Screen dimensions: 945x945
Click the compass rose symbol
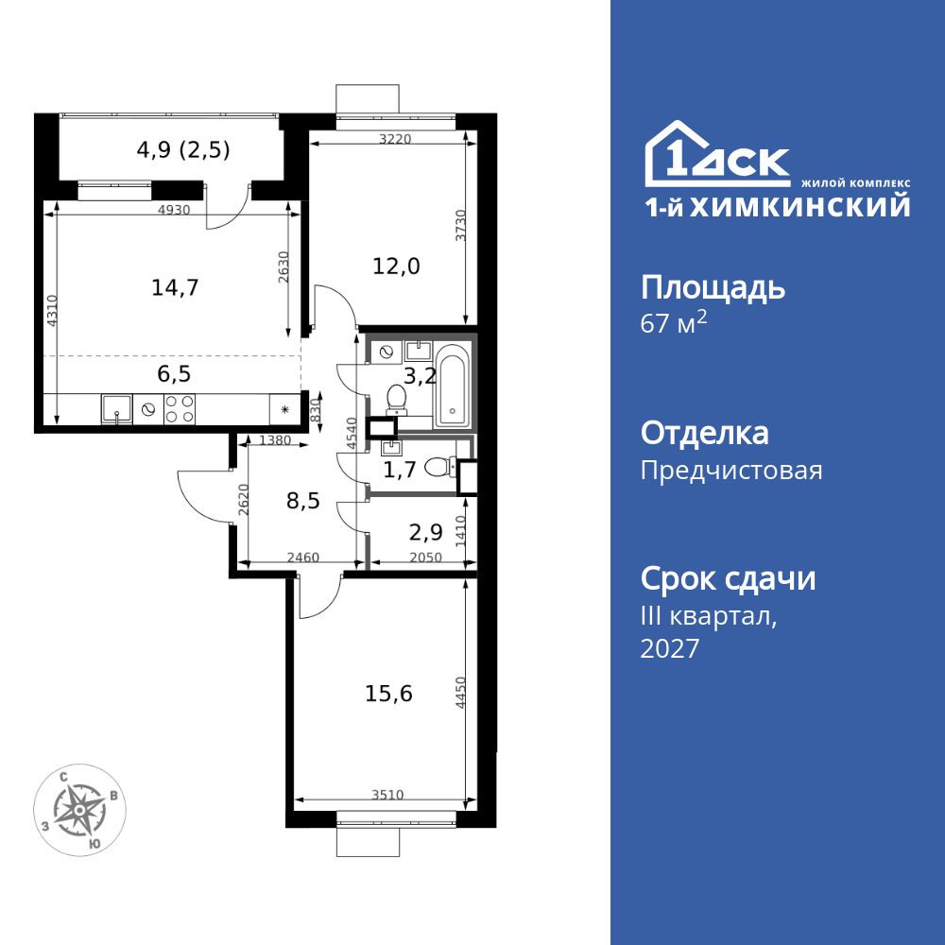click(82, 809)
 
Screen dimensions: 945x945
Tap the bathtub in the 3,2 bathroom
click(452, 387)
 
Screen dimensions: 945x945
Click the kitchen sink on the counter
click(116, 409)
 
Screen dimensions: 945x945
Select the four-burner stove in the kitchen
click(180, 408)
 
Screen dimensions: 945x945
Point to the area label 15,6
click(388, 694)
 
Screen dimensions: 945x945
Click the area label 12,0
click(397, 266)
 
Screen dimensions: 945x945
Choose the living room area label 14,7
click(175, 287)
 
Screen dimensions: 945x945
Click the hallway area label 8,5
click(303, 500)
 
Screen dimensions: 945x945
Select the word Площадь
click(713, 287)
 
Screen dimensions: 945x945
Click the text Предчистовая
click(730, 471)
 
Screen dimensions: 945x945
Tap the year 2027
click(670, 648)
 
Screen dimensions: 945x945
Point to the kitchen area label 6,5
click(175, 373)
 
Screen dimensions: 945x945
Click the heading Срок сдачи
click(728, 578)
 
